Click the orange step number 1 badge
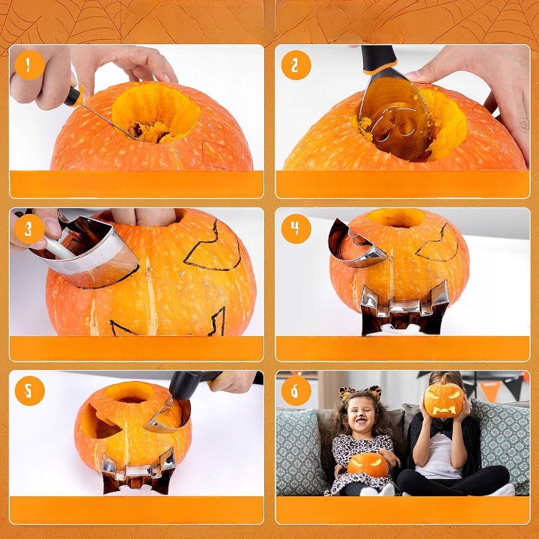point(30,65)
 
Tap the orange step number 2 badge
point(296,65)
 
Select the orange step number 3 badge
point(30,229)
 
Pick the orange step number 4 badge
point(296,229)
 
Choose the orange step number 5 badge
point(30,391)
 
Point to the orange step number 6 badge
point(296,391)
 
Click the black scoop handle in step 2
point(379,59)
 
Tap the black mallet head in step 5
point(186,385)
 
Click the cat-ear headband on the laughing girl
point(360,393)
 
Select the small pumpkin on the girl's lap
point(368,465)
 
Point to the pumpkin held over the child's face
point(444,400)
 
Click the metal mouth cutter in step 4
point(404,308)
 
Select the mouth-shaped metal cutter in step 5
point(138,471)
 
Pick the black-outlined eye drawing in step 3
point(213,248)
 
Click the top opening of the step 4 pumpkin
point(397,218)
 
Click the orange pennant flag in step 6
point(490,391)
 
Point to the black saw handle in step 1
point(73,97)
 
